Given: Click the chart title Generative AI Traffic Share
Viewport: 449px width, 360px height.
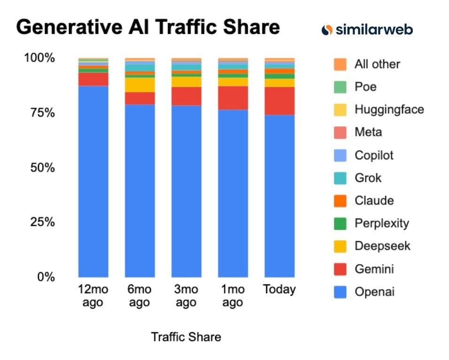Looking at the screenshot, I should tap(148, 27).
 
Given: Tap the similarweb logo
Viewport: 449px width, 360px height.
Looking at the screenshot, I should tap(367, 30).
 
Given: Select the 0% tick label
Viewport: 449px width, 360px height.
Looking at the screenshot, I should tap(46, 277).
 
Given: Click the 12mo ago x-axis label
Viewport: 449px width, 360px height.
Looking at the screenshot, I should tap(93, 296).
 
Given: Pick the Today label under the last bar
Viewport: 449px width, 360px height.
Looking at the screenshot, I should tap(279, 290).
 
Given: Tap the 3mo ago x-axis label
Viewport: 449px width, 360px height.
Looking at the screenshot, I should tap(186, 296).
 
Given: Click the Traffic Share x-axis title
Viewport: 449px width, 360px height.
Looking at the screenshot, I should tap(186, 337).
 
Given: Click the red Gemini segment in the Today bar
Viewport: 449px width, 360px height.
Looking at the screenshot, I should tap(279, 101).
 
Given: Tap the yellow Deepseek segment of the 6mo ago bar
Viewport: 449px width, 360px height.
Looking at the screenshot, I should tap(139, 85).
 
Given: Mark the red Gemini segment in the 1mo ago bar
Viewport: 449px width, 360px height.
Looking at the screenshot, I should tap(232, 98).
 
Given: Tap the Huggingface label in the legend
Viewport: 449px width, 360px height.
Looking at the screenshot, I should tap(389, 110).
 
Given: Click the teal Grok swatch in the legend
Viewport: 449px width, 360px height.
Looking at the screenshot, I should tap(340, 178).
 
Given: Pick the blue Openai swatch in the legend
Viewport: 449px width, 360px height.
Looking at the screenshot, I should tap(340, 292).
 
